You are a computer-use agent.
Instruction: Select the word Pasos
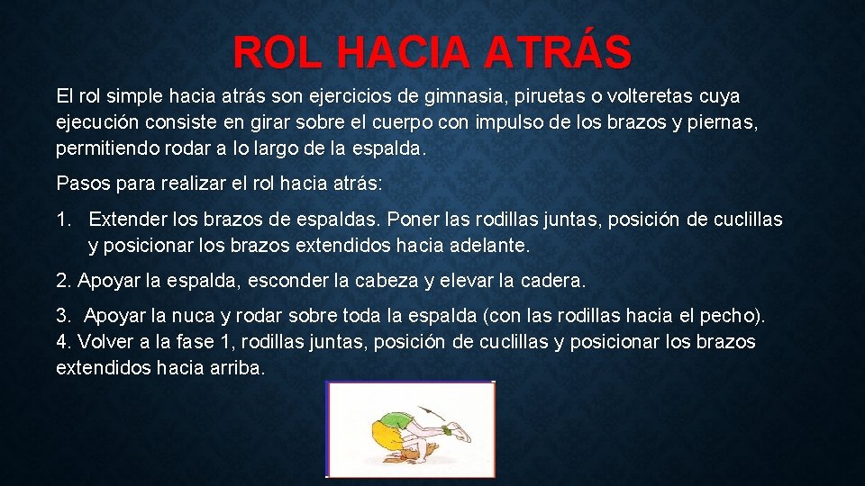coord(81,184)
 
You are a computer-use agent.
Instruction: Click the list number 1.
coord(62,220)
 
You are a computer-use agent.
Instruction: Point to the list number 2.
coord(62,281)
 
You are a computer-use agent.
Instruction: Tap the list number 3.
coord(62,317)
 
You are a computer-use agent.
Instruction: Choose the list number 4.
coord(62,342)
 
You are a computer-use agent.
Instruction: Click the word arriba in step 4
coord(234,367)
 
